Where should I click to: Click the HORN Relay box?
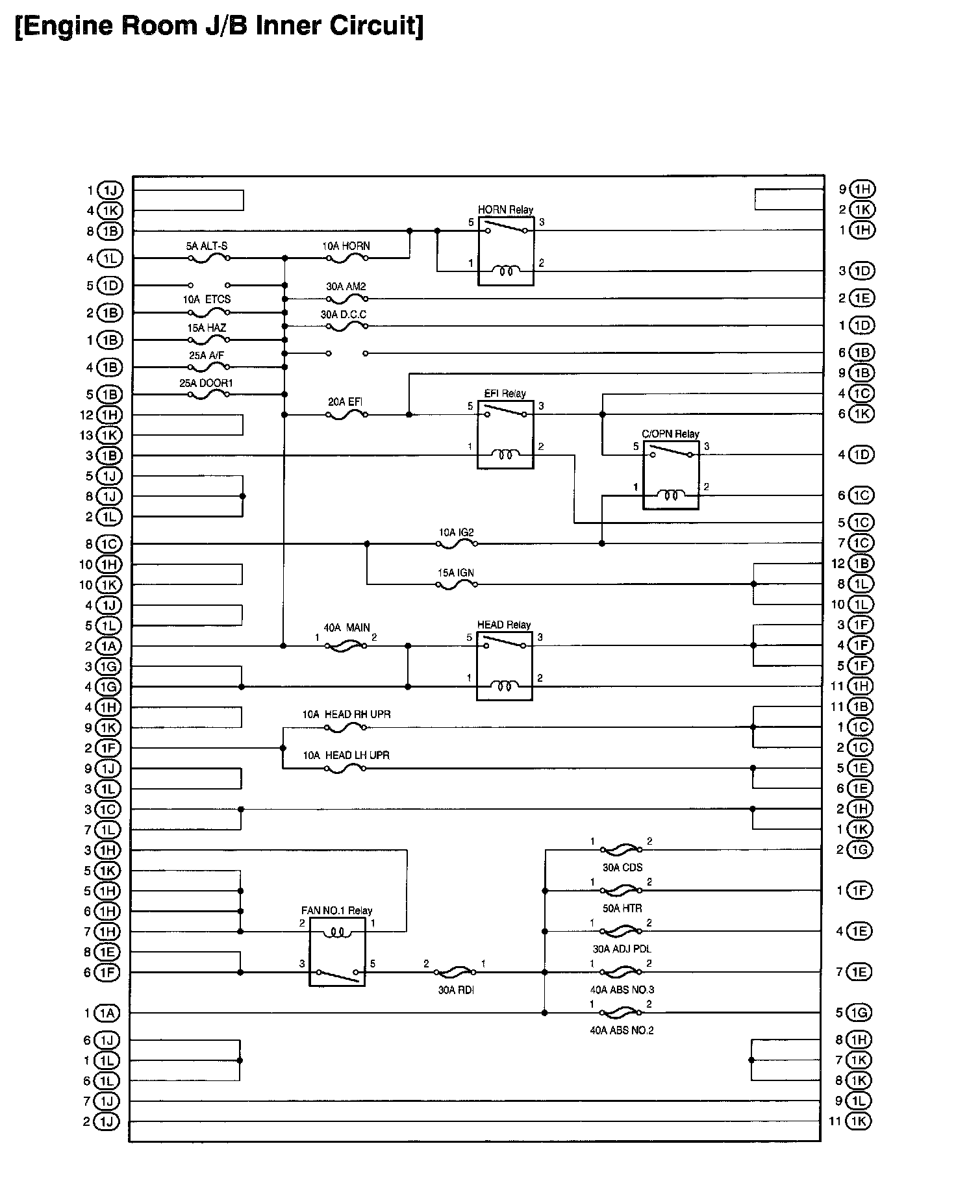click(x=506, y=251)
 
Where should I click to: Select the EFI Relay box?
click(x=505, y=434)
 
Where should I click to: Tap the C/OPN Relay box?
click(x=671, y=475)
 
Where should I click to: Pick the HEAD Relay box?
click(x=505, y=666)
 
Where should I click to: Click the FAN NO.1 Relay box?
click(x=337, y=952)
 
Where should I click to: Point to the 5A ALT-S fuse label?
click(x=207, y=247)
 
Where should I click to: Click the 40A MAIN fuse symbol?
click(x=346, y=646)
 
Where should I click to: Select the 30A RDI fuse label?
click(x=456, y=990)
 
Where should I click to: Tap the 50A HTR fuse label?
click(x=622, y=908)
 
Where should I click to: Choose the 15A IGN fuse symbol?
click(x=457, y=585)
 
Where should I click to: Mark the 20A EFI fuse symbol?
click(x=346, y=415)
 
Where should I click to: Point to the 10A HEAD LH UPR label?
click(x=346, y=755)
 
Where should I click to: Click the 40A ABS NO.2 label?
click(x=622, y=1030)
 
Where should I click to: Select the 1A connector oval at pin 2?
click(x=108, y=646)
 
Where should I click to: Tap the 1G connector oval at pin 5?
click(x=860, y=1013)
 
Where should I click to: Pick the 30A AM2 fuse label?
click(x=346, y=286)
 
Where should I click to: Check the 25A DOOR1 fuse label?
click(x=206, y=383)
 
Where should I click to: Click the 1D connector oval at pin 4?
click(x=861, y=455)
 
